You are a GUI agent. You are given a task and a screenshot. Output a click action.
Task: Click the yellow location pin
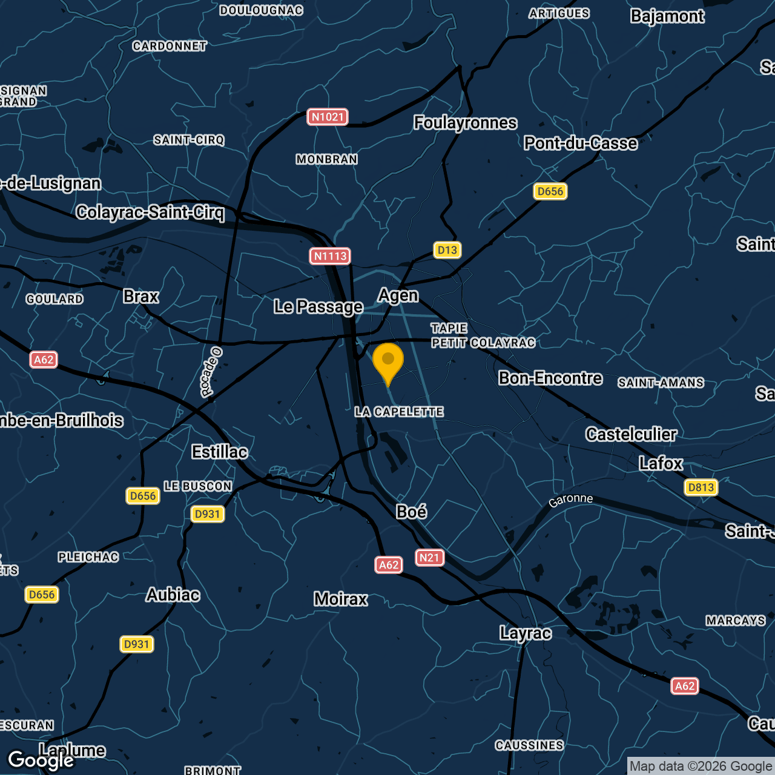tap(388, 361)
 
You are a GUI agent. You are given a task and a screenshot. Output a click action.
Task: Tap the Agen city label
tap(398, 295)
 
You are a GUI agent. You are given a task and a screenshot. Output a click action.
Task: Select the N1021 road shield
tap(328, 117)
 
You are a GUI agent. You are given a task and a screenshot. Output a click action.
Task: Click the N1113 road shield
tap(330, 256)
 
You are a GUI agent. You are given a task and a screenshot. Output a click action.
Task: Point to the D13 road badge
tap(447, 250)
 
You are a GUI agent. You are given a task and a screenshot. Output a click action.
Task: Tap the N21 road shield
tap(429, 558)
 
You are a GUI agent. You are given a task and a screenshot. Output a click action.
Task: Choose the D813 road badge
tap(701, 487)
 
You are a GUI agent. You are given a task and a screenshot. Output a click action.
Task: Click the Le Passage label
tap(318, 307)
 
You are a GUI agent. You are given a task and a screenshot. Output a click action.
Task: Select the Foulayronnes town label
tap(465, 123)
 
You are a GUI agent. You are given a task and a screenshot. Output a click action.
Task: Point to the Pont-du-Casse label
tap(581, 143)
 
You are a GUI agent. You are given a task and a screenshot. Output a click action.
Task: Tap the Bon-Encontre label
tap(550, 378)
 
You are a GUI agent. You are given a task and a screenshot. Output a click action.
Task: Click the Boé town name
tap(411, 512)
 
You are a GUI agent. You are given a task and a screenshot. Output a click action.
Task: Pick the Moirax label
tap(341, 599)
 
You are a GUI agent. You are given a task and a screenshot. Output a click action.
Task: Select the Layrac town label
tap(526, 633)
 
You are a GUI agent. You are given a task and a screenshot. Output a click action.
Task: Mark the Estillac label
tap(219, 452)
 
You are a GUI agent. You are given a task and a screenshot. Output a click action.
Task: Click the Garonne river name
tap(570, 500)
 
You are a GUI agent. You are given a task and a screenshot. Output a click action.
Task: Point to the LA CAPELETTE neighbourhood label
tap(399, 412)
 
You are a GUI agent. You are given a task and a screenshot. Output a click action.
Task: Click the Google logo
tap(41, 760)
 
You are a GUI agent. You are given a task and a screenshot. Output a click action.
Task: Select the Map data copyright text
tap(701, 767)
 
